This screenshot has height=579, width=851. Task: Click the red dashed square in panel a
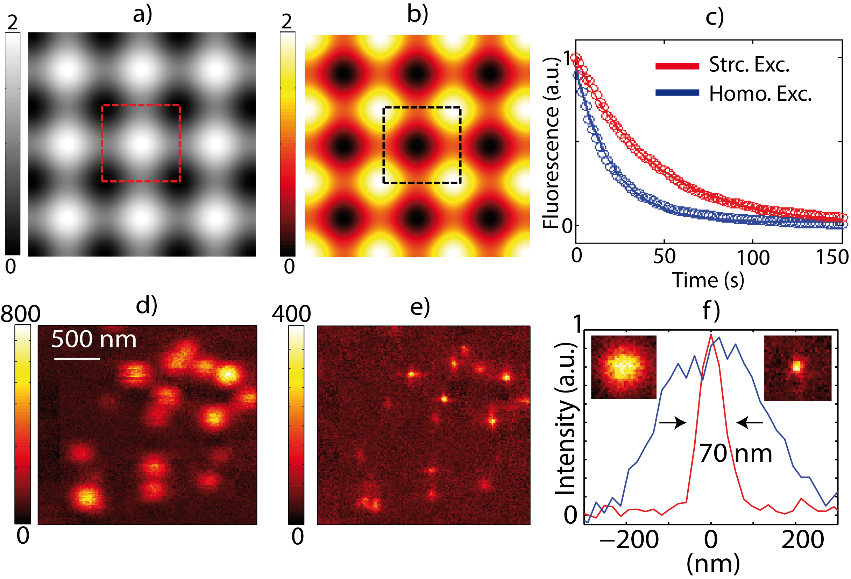click(x=101, y=143)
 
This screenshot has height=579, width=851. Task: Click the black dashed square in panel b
click(x=383, y=145)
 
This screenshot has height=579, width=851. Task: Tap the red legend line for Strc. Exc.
click(x=677, y=66)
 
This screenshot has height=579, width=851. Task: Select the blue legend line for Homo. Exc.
click(x=677, y=93)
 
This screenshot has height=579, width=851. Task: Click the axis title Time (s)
click(x=708, y=281)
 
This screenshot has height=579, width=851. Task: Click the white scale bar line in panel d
click(x=77, y=359)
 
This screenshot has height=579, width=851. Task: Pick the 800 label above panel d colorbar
click(x=21, y=314)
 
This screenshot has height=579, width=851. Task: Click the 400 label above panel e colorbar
click(x=291, y=314)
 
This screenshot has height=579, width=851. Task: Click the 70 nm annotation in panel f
click(x=736, y=454)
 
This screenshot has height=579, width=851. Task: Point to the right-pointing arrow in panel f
click(x=673, y=423)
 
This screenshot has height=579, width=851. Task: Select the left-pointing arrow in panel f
click(x=750, y=423)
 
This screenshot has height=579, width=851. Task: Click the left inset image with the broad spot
click(x=624, y=367)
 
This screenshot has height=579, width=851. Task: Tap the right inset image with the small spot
click(x=797, y=368)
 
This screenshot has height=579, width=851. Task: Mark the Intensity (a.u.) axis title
click(x=565, y=420)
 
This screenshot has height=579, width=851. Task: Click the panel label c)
click(x=715, y=16)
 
